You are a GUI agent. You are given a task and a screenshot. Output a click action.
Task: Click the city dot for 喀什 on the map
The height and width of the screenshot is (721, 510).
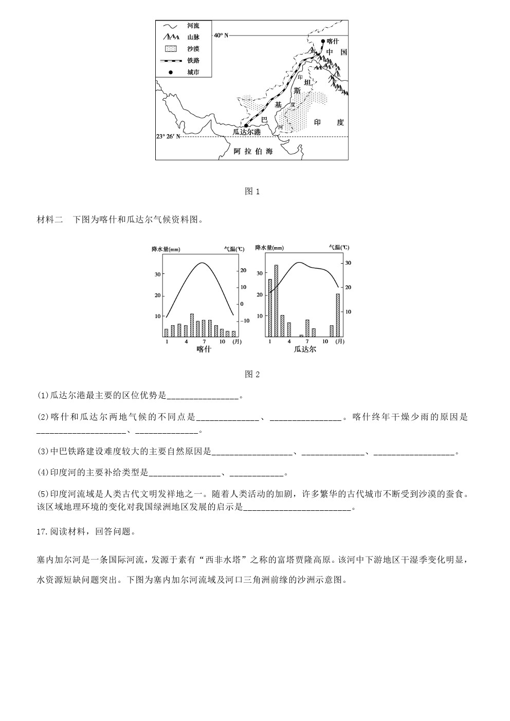pyautogui.click(x=323, y=41)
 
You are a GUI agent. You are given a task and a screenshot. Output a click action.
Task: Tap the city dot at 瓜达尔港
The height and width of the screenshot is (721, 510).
pyautogui.click(x=246, y=125)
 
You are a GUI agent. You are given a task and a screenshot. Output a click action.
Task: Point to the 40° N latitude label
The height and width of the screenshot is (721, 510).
pyautogui.click(x=221, y=35)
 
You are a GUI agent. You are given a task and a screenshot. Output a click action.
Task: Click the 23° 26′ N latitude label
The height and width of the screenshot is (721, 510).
pyautogui.click(x=169, y=137)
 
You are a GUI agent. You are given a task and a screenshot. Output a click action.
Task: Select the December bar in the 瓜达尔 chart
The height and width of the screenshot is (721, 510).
pyautogui.click(x=338, y=315)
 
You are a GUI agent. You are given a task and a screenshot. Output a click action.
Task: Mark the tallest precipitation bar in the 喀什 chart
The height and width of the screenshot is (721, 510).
pyautogui.click(x=192, y=325)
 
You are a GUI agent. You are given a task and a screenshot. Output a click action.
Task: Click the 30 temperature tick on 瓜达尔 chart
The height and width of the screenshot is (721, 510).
pyautogui.click(x=348, y=263)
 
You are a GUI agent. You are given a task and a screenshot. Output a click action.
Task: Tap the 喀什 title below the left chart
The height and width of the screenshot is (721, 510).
pyautogui.click(x=204, y=349)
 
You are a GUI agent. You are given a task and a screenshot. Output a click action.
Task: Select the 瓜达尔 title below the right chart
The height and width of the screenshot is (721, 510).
pyautogui.click(x=305, y=349)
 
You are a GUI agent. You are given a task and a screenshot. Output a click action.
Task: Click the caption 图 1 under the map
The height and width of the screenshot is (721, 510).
pyautogui.click(x=252, y=192)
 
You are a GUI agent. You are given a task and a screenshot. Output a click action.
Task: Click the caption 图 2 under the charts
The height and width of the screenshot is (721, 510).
pyautogui.click(x=252, y=375)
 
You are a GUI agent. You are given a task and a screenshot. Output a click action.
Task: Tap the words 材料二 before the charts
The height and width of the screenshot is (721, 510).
pyautogui.click(x=50, y=220)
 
